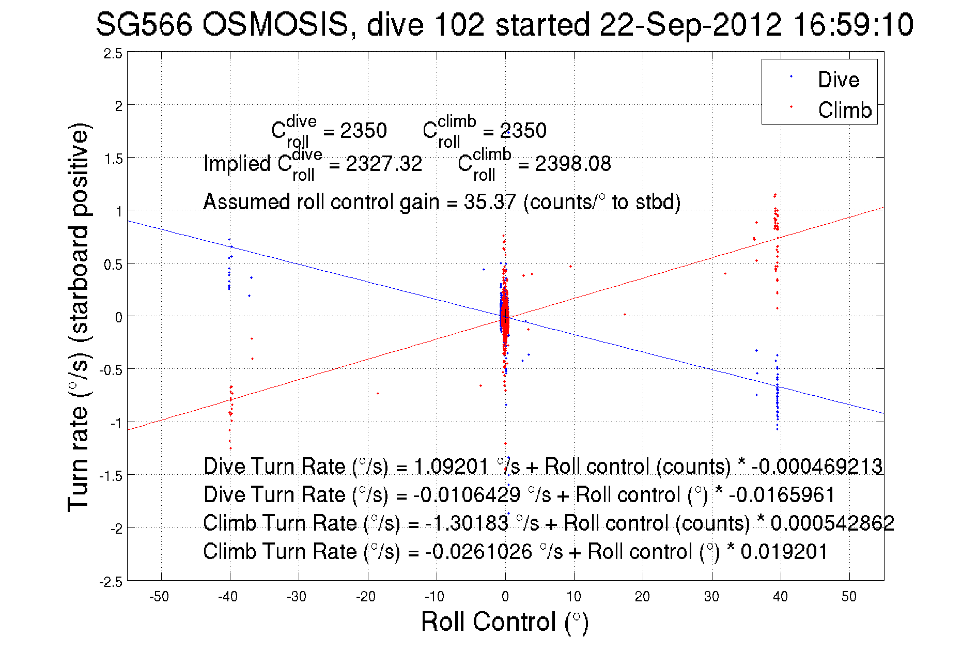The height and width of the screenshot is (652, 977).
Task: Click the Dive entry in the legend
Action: pos(838,80)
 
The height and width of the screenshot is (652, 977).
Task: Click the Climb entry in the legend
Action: pos(844,110)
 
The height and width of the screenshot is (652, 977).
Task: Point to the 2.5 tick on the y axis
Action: pos(113,54)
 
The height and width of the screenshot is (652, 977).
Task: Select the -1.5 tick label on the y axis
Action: pos(111,476)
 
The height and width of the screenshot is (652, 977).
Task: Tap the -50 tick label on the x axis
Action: pos(159,597)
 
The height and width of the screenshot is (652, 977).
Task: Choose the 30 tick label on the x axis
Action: pos(711,597)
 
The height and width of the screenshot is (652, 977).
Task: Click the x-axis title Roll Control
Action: pos(504,622)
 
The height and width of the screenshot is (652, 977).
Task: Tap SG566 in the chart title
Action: pos(144,25)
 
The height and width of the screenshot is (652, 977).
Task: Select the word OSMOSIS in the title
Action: pos(276,25)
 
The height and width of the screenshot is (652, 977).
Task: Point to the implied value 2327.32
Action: pos(384,164)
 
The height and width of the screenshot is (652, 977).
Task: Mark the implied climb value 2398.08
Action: pos(572,164)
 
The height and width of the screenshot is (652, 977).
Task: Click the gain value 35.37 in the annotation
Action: pos(489,201)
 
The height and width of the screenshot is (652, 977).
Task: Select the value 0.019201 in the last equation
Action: pos(784,551)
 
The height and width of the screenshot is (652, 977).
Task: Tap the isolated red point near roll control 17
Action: pos(625,314)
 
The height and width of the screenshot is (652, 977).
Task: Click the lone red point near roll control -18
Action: pos(378,393)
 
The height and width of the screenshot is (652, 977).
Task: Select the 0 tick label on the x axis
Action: pos(505,597)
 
